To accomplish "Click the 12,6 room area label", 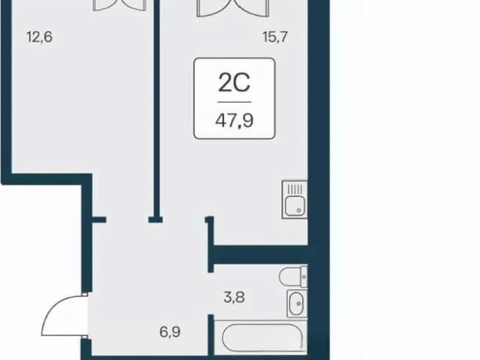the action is pyautogui.click(x=40, y=37).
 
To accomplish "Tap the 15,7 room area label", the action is pyautogui.click(x=275, y=37).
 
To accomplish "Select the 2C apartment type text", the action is pyautogui.click(x=234, y=82).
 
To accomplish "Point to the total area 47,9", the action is pyautogui.click(x=234, y=121).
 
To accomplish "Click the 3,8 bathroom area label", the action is pyautogui.click(x=234, y=297).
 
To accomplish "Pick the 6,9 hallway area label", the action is pyautogui.click(x=170, y=331).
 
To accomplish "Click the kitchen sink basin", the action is pyautogui.click(x=295, y=205).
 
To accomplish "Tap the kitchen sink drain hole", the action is pyautogui.click(x=298, y=211).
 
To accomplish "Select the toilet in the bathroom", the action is pyautogui.click(x=293, y=277).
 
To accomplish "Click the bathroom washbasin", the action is pyautogui.click(x=296, y=303).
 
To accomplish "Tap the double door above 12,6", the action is pyautogui.click(x=119, y=5).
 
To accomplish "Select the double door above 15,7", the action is pyautogui.click(x=233, y=8).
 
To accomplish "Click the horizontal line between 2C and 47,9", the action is pyautogui.click(x=235, y=102).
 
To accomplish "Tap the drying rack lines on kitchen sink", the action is pyautogui.click(x=295, y=189).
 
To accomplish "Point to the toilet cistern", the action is pyautogui.click(x=304, y=277).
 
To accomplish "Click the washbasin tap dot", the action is pyautogui.click(x=298, y=303).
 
